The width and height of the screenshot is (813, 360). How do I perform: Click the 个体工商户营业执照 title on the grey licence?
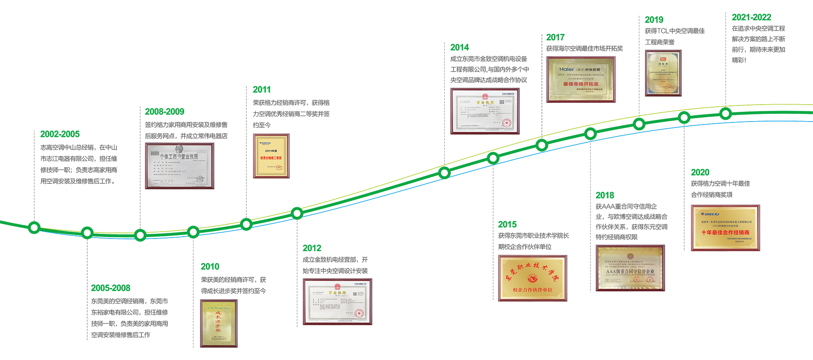point(178,157)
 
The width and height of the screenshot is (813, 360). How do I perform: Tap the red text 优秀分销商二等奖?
point(271,158)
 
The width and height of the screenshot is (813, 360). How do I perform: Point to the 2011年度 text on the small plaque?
point(271,151)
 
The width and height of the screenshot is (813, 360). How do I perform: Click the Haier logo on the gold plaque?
point(567,69)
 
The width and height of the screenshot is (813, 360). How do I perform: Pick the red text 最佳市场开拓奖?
point(581,84)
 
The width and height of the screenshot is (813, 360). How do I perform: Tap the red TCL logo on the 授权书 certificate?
point(663,59)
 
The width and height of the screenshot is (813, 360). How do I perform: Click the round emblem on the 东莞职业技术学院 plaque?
point(532,278)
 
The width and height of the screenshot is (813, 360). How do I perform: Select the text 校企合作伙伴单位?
point(532,290)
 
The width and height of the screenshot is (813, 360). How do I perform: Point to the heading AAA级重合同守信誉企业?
point(630,271)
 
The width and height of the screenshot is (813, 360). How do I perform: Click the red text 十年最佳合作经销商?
point(725,233)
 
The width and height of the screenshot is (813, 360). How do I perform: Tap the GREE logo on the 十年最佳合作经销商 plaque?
point(710,214)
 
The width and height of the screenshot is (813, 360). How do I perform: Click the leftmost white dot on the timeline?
point(34,227)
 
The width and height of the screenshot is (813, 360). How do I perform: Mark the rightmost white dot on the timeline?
point(725,114)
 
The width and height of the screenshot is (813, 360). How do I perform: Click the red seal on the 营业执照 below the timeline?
point(359,313)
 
